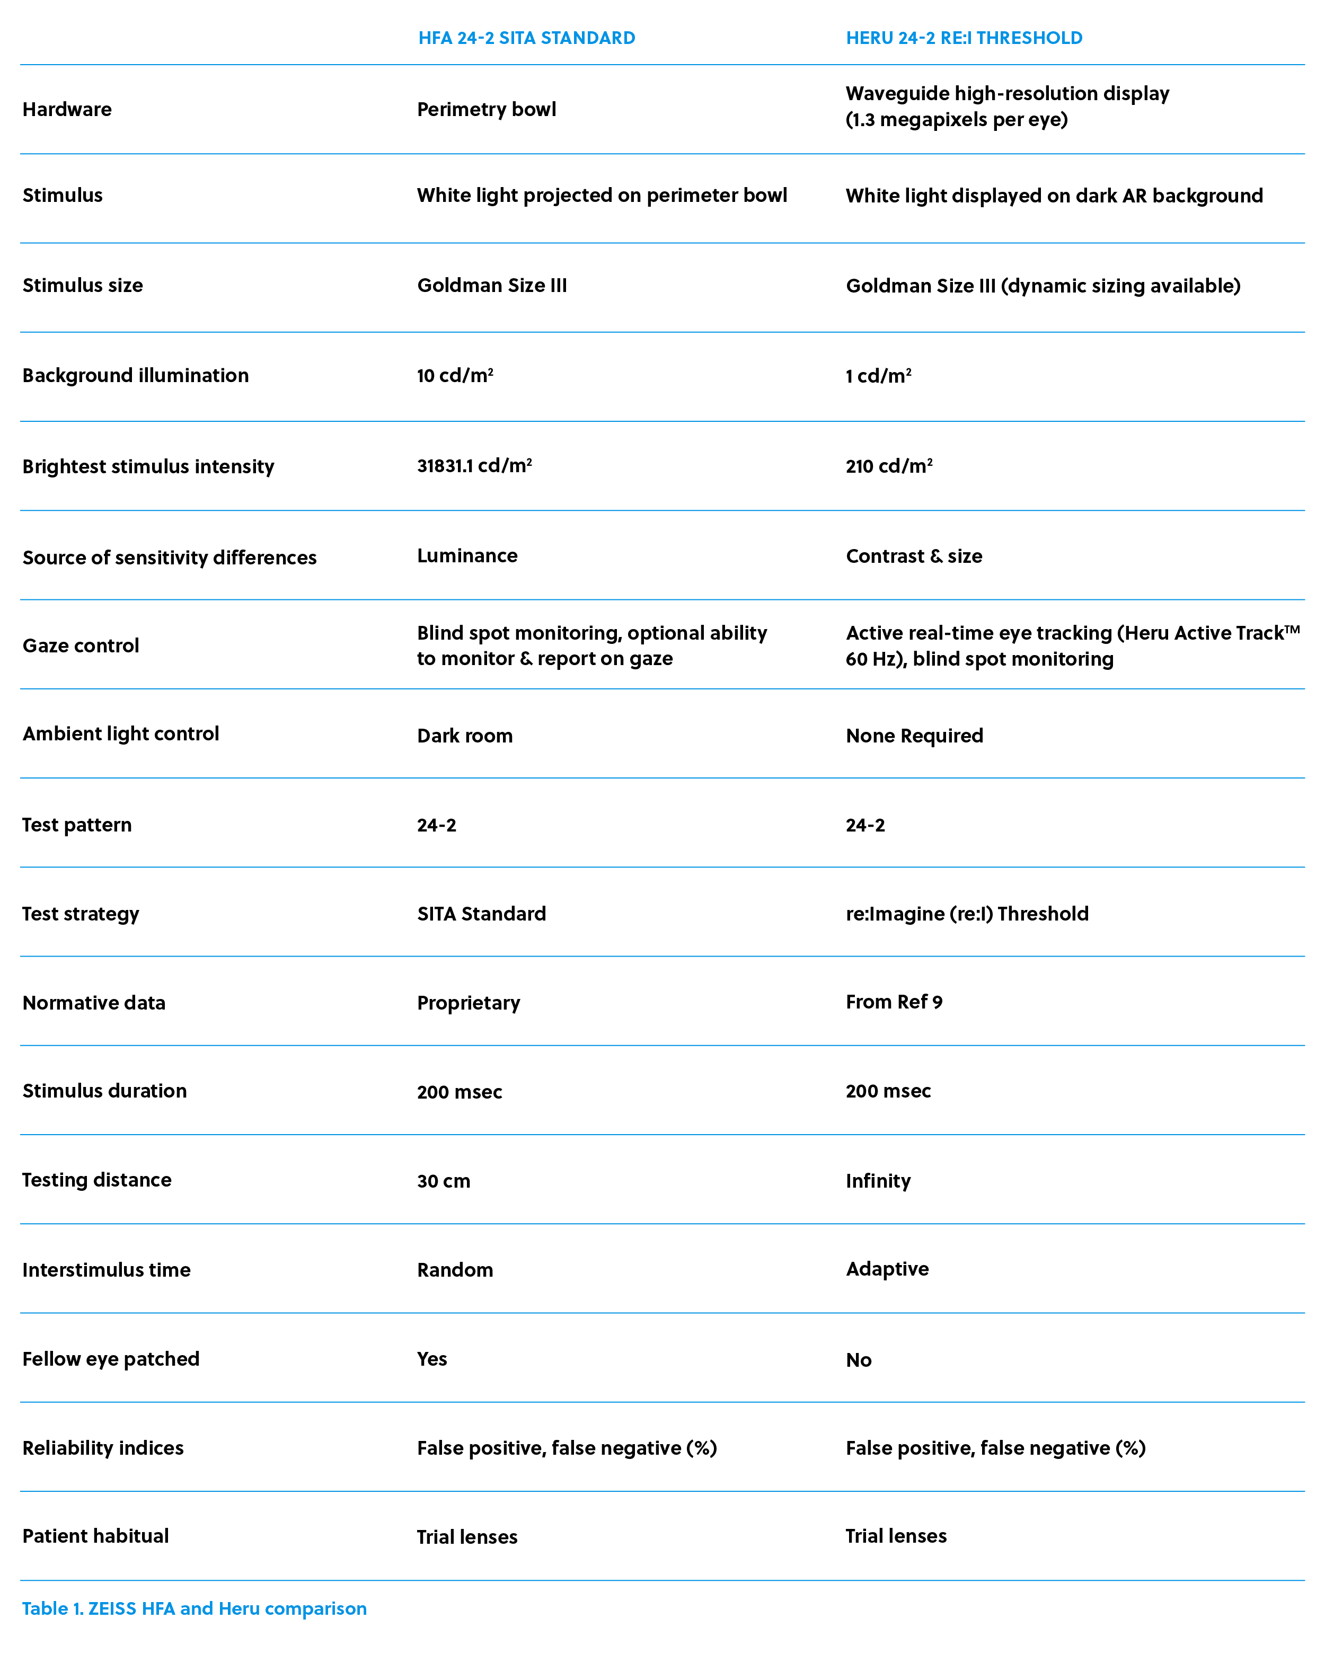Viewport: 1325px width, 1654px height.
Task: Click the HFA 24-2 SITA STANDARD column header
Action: (x=526, y=38)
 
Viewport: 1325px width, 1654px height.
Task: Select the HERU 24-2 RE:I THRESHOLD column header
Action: (x=964, y=38)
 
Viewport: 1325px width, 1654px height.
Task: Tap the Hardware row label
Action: (x=67, y=110)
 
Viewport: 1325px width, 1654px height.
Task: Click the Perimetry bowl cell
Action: (x=487, y=110)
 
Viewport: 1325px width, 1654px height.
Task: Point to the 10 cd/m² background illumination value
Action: (x=455, y=376)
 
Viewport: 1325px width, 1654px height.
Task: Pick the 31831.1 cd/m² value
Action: (x=474, y=466)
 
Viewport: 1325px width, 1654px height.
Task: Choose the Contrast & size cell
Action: (x=914, y=556)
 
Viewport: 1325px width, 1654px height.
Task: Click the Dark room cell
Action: (x=465, y=736)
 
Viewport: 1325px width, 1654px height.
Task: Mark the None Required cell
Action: (x=915, y=736)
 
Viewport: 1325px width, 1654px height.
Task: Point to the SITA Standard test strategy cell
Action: (x=482, y=914)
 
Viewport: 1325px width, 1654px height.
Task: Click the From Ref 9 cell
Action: (x=894, y=1002)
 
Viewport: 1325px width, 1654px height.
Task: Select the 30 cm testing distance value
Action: (x=444, y=1181)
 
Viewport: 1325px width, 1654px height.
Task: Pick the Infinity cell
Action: (x=878, y=1181)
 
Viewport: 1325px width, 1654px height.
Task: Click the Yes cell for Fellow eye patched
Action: (x=432, y=1359)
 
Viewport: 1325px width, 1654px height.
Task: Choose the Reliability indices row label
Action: (x=103, y=1448)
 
